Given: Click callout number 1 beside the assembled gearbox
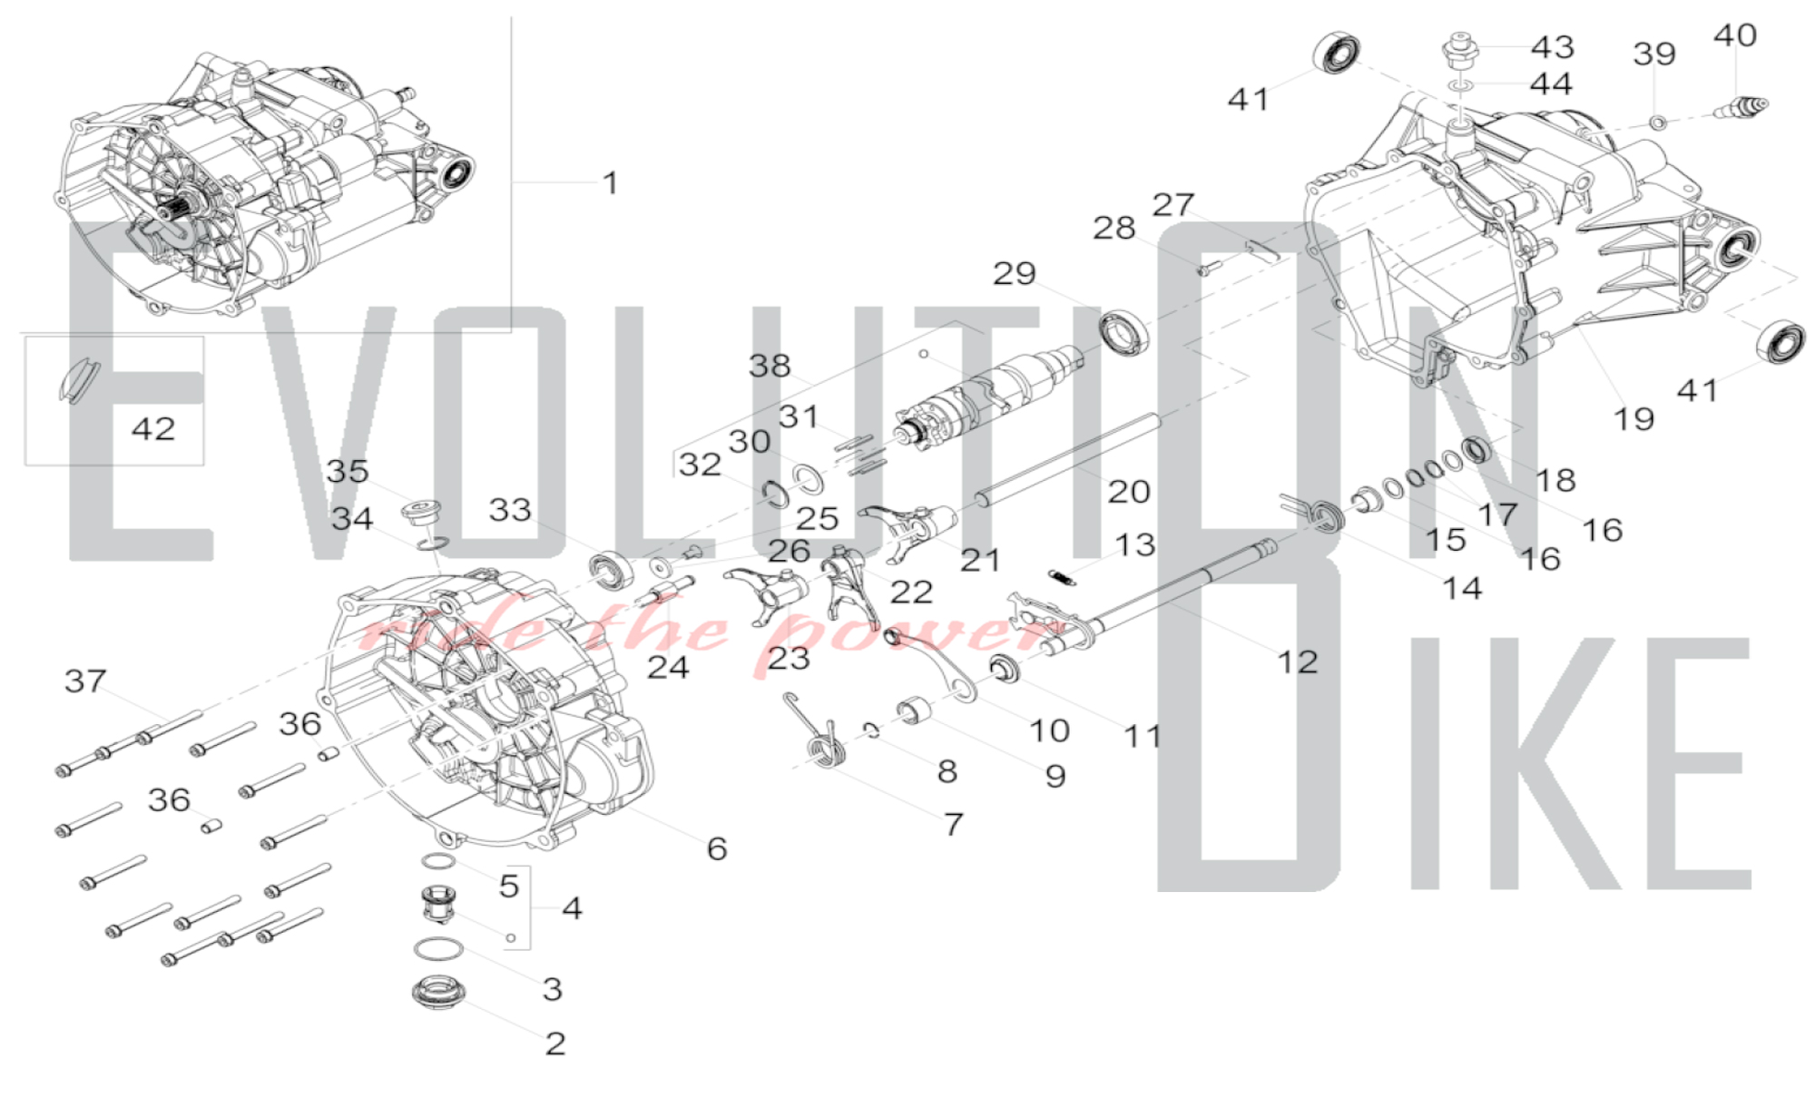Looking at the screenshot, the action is tap(611, 183).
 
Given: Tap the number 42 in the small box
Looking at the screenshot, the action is tap(152, 428).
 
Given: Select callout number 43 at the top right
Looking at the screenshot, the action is tap(1552, 46).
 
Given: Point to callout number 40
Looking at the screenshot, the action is tap(1734, 35).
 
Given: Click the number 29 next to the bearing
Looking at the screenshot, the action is tap(1014, 273).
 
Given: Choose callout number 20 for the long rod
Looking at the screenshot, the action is tap(1128, 492).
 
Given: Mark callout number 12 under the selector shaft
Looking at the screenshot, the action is tap(1297, 661).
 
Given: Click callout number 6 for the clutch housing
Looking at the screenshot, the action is tap(717, 848).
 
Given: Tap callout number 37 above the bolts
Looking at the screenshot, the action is tap(85, 681).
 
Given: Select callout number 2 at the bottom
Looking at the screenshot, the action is tap(555, 1043).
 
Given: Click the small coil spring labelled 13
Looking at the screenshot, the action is tap(1063, 576).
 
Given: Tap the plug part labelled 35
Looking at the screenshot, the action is tap(420, 513).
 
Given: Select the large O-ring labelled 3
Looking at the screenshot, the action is tap(438, 950).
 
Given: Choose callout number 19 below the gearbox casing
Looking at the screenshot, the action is tap(1633, 419).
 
